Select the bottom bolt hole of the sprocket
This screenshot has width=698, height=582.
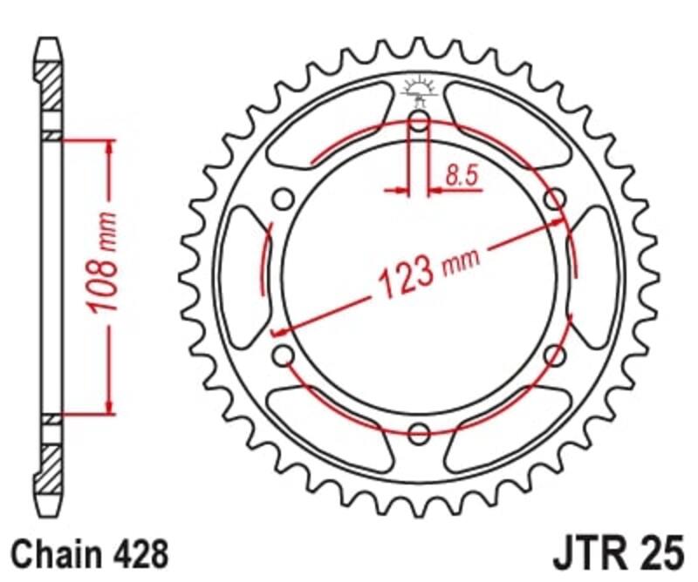pyautogui.click(x=419, y=432)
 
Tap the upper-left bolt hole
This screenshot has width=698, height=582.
pyautogui.click(x=283, y=200)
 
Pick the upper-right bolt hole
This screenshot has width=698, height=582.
pyautogui.click(x=555, y=200)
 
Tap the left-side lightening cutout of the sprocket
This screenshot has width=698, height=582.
pyautogui.click(x=244, y=277)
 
